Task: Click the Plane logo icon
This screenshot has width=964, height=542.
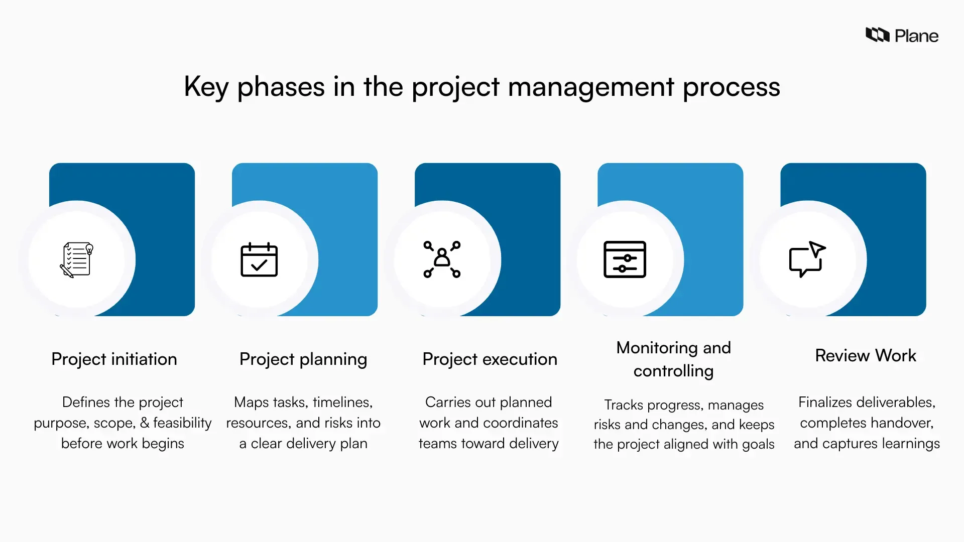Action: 877,35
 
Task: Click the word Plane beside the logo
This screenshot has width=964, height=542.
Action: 916,36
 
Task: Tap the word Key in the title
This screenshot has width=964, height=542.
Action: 206,87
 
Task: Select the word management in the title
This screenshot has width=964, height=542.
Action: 591,87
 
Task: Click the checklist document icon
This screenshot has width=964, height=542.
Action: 77,259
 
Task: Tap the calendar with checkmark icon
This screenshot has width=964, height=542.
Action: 259,259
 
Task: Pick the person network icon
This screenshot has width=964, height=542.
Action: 442,259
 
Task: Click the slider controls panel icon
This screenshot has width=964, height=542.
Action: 625,259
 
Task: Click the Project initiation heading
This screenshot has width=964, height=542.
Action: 114,359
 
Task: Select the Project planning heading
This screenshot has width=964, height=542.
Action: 303,359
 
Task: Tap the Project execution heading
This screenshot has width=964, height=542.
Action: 490,359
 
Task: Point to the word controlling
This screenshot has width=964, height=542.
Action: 673,371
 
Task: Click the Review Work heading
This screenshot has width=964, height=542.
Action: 866,356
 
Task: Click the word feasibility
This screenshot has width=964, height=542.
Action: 182,423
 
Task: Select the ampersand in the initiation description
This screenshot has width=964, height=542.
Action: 145,423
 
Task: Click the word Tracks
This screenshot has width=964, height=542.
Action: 623,405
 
